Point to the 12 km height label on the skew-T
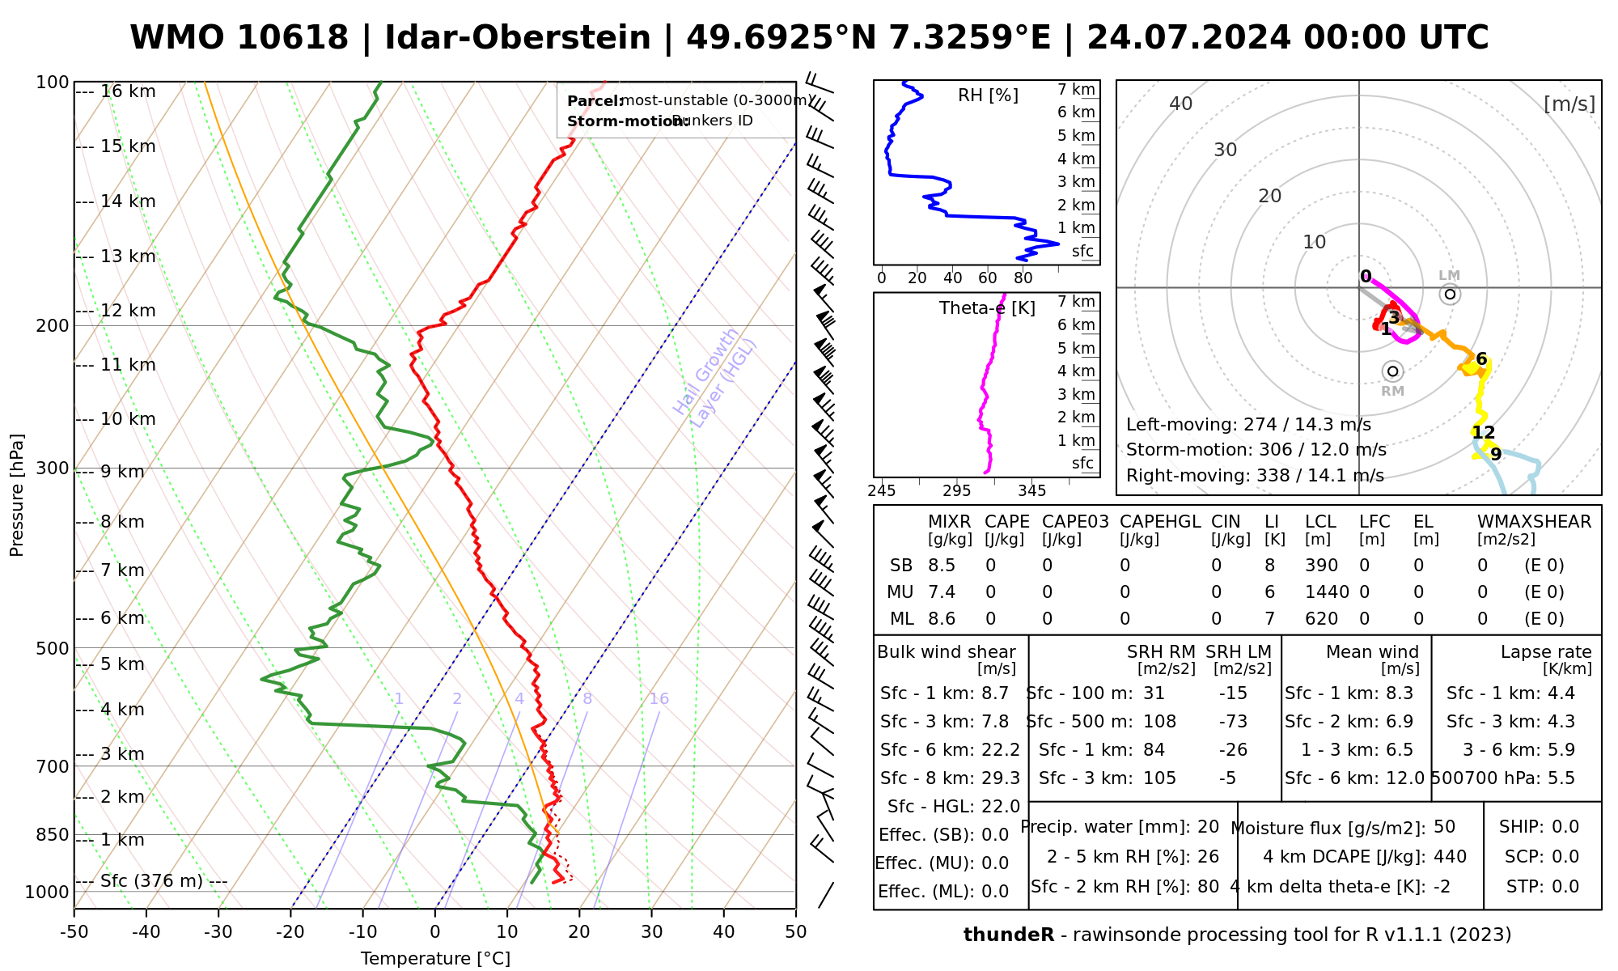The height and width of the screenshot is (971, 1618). coord(128,311)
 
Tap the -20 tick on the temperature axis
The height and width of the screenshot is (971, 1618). coord(290,932)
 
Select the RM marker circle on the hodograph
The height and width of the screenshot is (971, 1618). coord(1392,371)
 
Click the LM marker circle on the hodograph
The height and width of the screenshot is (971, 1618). coord(1450,294)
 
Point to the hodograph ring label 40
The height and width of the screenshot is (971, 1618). coord(1181,104)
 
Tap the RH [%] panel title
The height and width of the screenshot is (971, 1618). coord(988,95)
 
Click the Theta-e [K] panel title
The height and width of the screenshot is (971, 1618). coord(987,308)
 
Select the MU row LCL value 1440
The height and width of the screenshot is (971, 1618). coord(1327,592)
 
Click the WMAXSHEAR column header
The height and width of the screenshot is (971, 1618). coord(1534,522)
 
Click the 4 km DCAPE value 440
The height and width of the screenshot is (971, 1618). coord(1450,856)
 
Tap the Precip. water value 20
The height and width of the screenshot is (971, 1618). coord(1208,827)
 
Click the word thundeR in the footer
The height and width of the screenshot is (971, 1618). coord(1009,935)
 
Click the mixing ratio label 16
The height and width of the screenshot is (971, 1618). coord(659,699)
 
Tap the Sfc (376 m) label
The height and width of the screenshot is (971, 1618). coord(151,880)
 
